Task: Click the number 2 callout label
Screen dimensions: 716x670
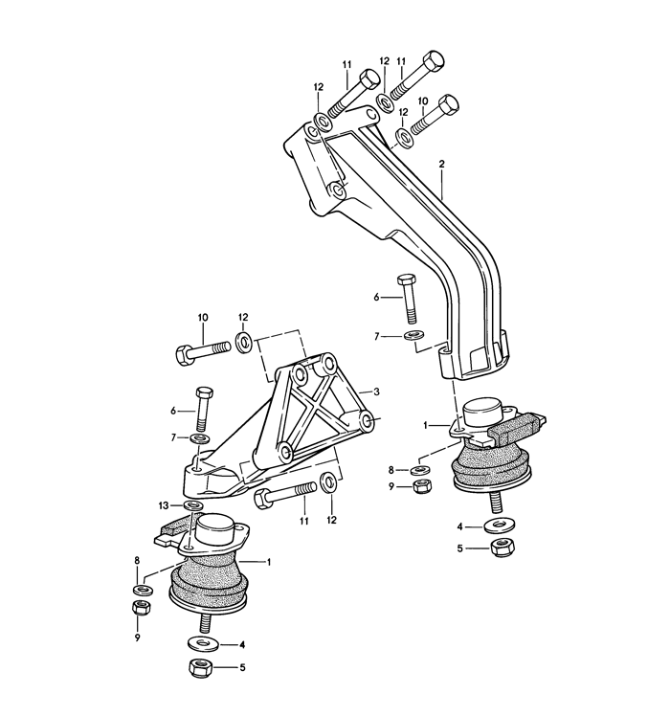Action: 442,165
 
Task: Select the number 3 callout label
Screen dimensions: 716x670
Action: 377,392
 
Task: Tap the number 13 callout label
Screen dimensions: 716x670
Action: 164,504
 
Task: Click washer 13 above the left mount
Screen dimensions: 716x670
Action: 192,504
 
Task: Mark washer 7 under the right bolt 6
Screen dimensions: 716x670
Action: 413,336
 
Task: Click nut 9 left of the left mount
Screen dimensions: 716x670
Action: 138,609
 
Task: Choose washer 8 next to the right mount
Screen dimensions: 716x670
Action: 418,470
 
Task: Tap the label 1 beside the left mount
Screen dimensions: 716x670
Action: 269,562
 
